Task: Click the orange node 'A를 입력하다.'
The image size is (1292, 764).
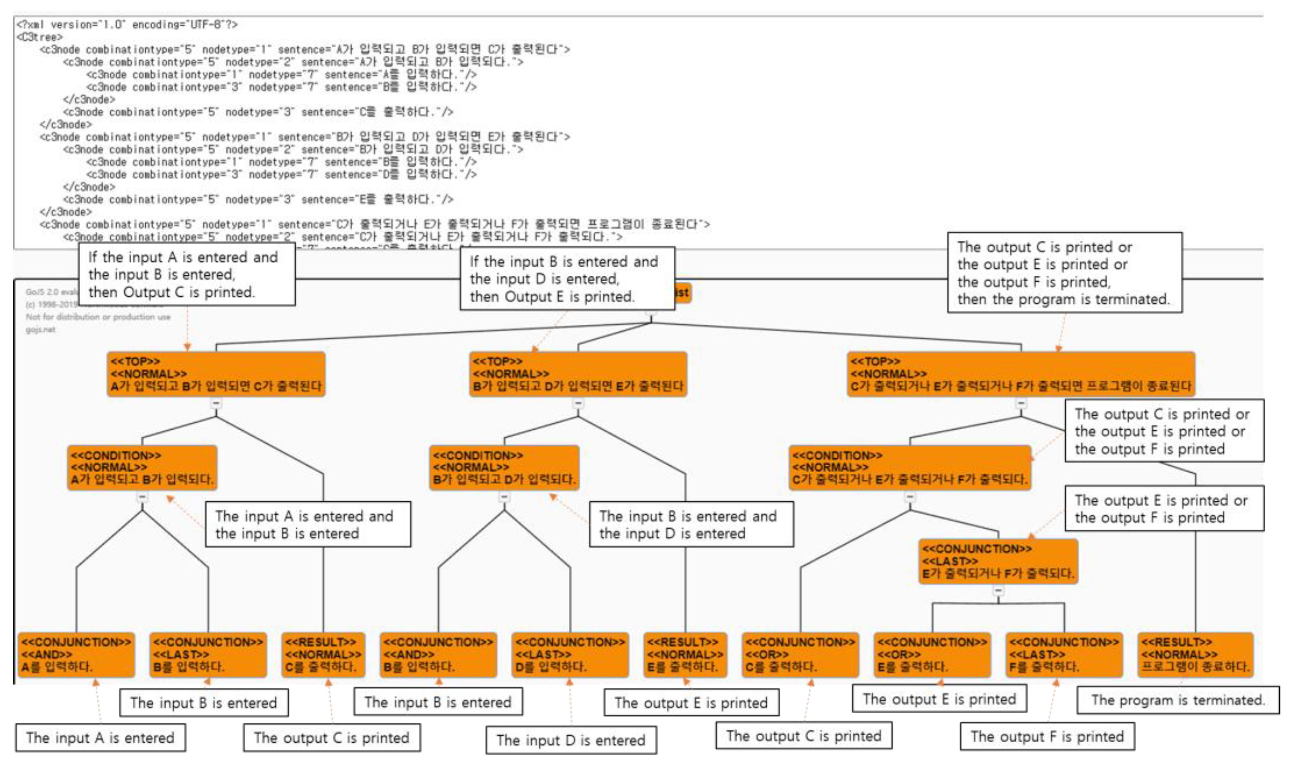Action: click(76, 654)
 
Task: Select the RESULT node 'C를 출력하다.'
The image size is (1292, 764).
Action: click(323, 654)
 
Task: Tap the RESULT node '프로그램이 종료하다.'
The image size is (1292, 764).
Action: click(1195, 654)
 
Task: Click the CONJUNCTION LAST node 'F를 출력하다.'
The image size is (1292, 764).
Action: click(1063, 654)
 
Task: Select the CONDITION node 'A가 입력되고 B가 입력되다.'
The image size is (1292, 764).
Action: click(142, 468)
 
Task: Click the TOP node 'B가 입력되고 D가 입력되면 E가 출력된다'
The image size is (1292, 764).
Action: click(578, 374)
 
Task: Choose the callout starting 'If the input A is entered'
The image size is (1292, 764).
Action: click(187, 274)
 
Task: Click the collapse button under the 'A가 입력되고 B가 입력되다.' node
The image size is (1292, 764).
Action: click(142, 497)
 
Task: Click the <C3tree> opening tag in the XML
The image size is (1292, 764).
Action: click(39, 37)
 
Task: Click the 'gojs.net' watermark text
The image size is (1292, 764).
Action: click(40, 329)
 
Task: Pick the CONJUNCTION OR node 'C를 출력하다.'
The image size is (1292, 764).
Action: click(800, 654)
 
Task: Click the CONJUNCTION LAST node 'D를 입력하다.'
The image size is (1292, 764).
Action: click(570, 654)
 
